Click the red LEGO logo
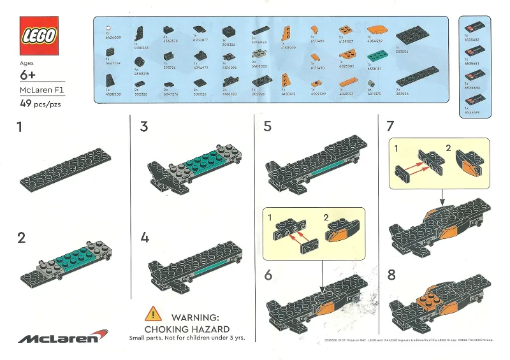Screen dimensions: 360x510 [39, 37]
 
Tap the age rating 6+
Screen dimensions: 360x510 [29, 76]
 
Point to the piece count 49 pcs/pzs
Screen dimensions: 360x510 [42, 103]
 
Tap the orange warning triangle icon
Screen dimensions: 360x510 [154, 313]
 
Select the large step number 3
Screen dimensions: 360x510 [144, 127]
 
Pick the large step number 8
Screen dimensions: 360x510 [392, 276]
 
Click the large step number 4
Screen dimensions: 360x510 [144, 238]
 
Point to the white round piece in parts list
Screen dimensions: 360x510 [108, 27]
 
